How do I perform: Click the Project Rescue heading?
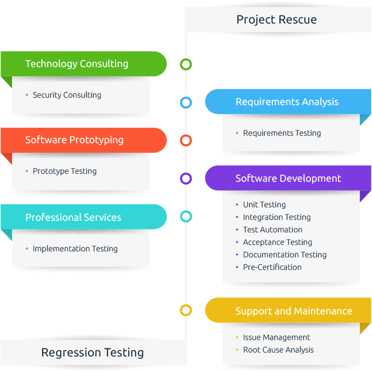point(276,20)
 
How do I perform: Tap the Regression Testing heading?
point(93,352)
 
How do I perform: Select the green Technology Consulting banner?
point(84,64)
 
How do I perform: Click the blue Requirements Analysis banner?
point(288,102)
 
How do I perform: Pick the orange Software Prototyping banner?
point(84,140)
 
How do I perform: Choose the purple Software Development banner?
point(288,178)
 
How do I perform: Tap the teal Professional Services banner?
point(84,217)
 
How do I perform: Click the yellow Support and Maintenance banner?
point(288,310)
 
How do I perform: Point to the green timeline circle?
point(186,59)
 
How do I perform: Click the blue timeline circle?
point(186,98)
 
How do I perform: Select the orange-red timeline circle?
point(186,136)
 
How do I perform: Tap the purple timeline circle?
point(186,174)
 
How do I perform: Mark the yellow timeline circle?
point(186,305)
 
